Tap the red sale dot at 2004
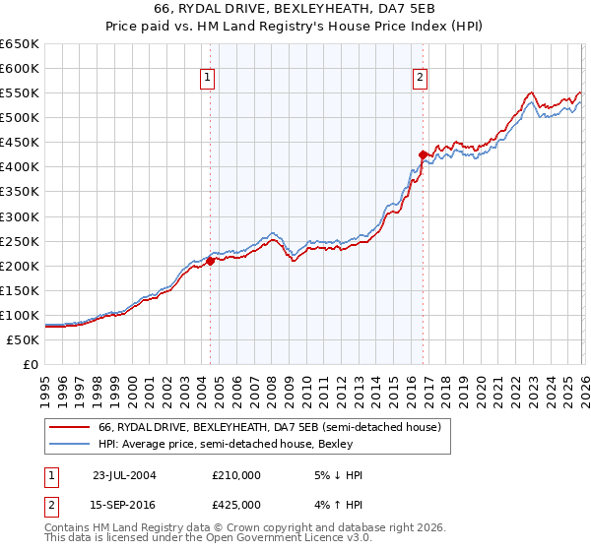(x=210, y=261)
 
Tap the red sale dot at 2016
(x=423, y=154)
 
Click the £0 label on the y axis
(x=30, y=364)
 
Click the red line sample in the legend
(x=69, y=427)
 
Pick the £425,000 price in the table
(x=236, y=505)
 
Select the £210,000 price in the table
(x=236, y=475)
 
